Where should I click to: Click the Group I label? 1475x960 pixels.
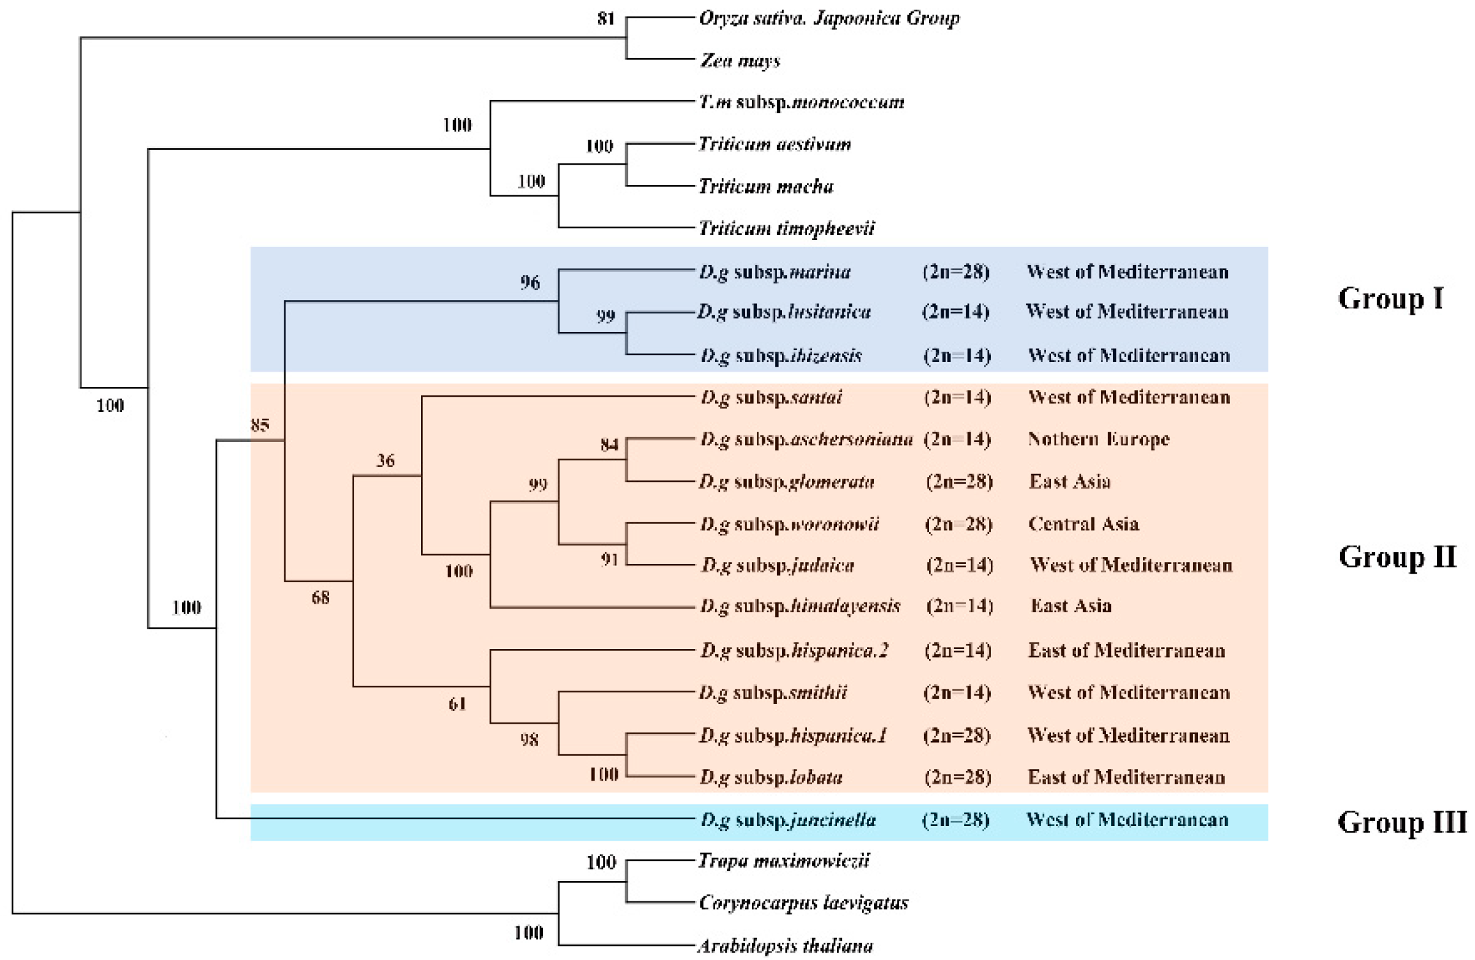point(1390,299)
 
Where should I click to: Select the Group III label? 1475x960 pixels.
point(1402,822)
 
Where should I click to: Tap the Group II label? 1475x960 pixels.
point(1397,557)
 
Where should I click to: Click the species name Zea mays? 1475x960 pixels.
point(740,61)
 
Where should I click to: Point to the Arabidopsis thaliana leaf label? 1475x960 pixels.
point(785,946)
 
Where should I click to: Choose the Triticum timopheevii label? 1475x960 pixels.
point(786,228)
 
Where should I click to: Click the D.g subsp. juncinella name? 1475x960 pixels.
point(787,820)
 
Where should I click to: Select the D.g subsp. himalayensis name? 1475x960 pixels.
point(800,606)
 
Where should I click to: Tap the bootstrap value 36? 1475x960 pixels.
point(385,460)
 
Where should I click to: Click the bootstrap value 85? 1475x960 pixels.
point(260,425)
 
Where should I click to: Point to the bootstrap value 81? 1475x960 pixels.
point(605,18)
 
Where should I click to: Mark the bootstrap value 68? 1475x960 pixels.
point(320,597)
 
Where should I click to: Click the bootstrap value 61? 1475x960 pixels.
point(457,703)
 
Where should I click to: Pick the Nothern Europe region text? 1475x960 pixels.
point(1098,439)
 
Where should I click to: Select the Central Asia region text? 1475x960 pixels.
point(1083,524)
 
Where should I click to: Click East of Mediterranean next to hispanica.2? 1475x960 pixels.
point(1126,650)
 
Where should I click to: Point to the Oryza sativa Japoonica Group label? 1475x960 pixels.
point(829,18)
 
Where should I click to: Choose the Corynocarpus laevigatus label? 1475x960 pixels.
point(803,903)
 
